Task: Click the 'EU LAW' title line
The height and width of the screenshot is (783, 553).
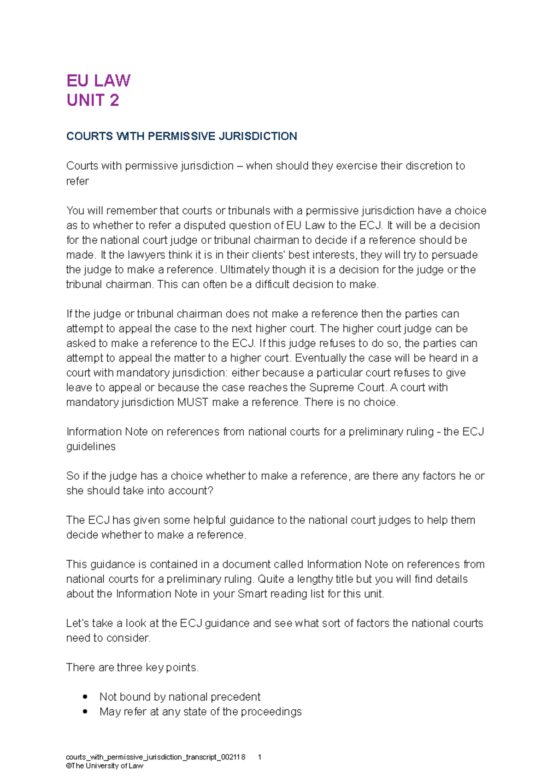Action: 98,81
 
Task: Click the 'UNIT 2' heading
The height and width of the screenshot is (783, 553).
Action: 93,100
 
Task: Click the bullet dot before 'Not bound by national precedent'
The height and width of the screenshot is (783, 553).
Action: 85,697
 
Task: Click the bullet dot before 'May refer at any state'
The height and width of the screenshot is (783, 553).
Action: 85,712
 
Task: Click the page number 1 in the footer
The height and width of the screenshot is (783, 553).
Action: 260,757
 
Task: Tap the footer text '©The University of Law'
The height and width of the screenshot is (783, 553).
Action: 105,766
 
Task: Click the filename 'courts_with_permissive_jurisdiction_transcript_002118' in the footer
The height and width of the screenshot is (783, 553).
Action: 155,757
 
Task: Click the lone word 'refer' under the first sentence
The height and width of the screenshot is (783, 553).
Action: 77,181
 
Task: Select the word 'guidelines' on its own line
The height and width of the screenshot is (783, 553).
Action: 91,446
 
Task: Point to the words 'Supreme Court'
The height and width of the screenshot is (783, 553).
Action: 346,387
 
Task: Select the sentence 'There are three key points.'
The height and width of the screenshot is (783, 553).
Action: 132,667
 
